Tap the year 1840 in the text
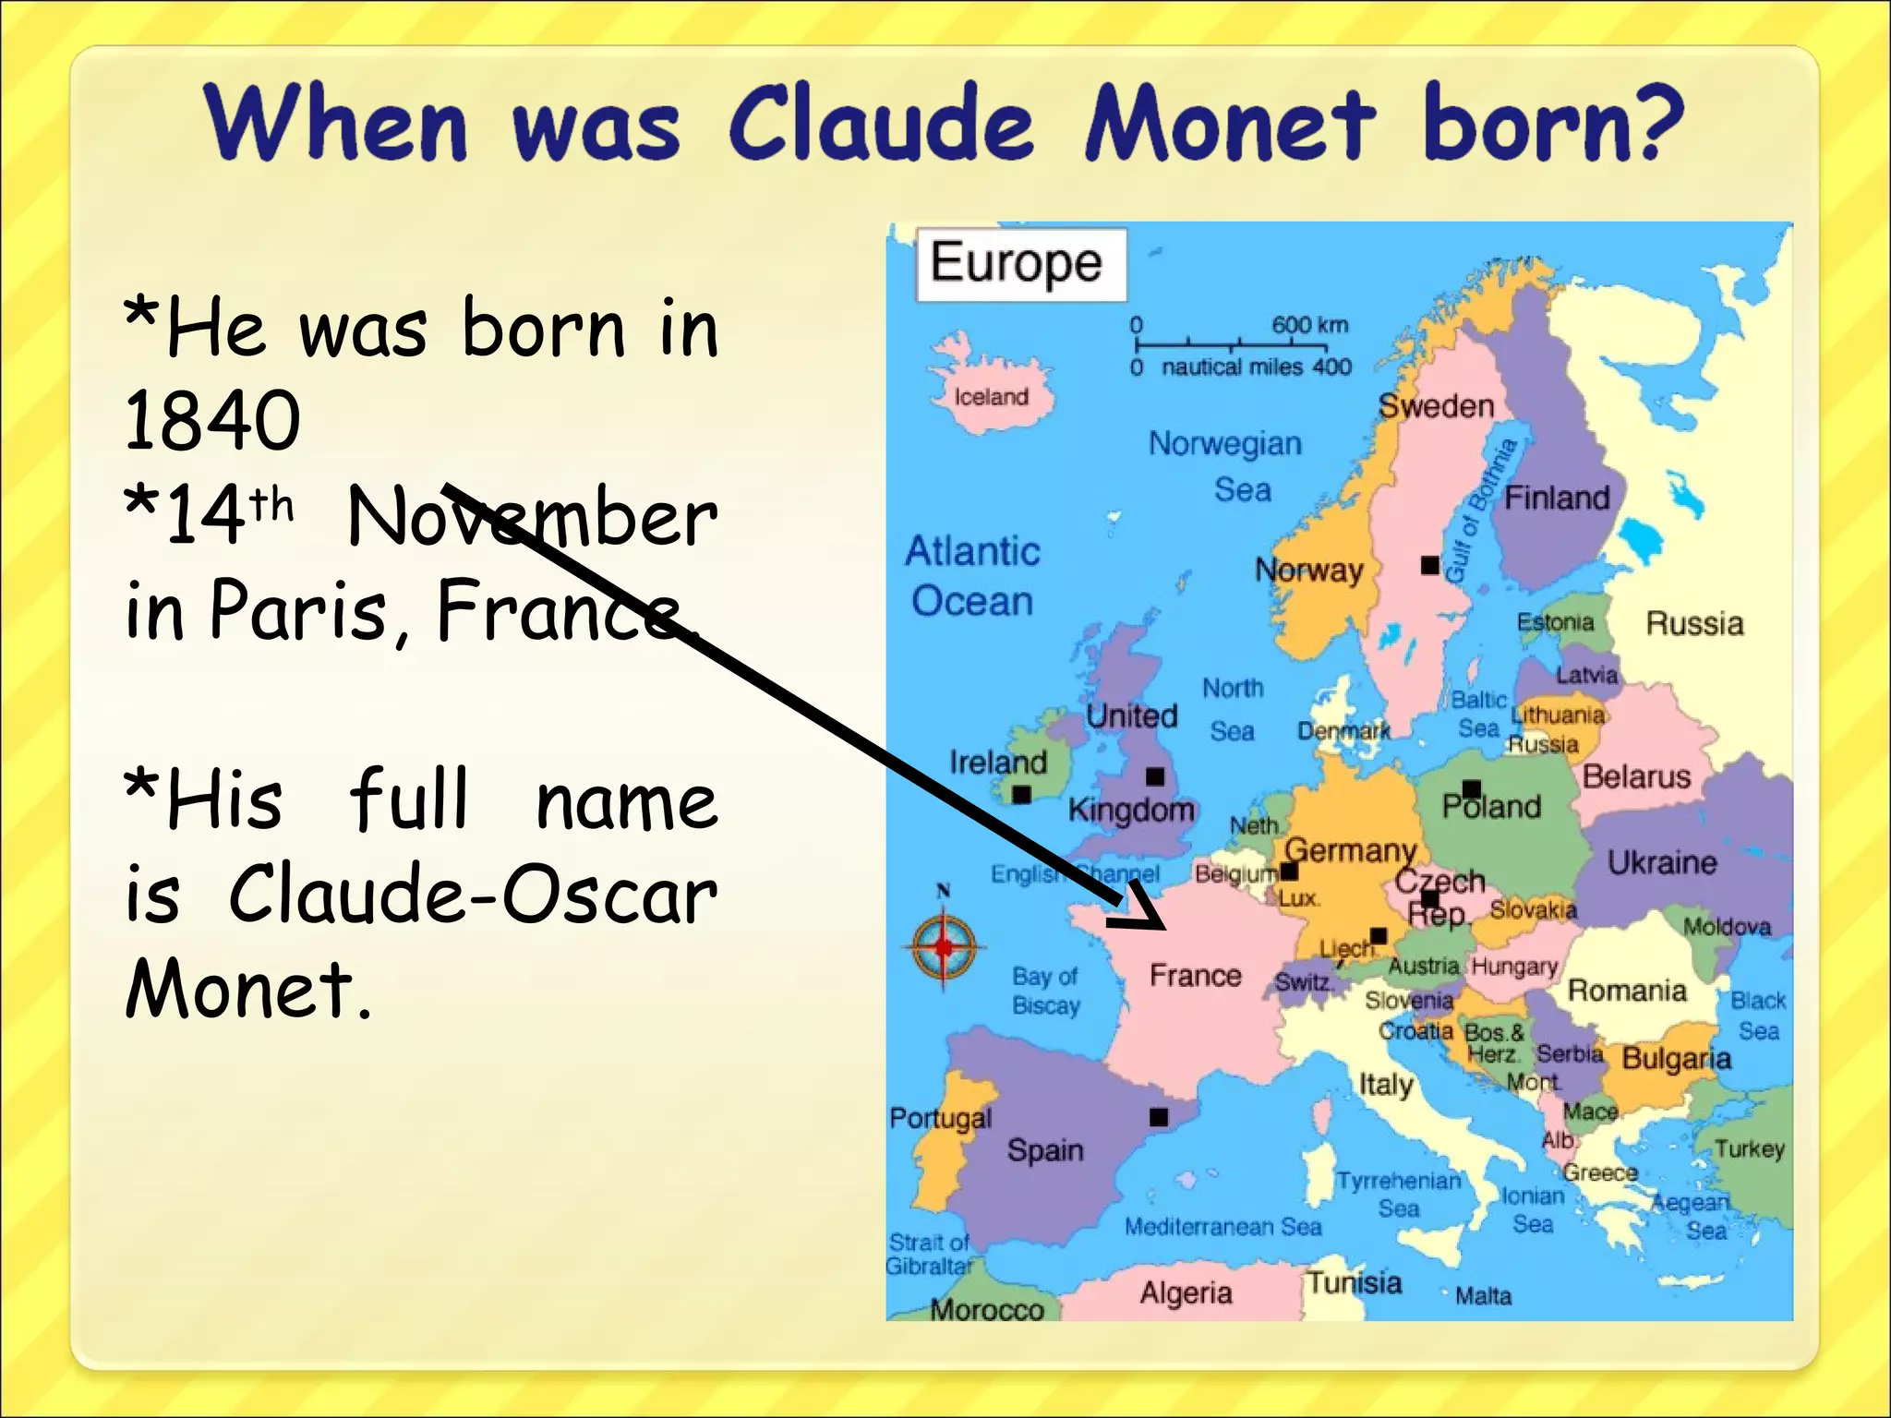(x=212, y=421)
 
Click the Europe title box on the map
(x=1019, y=264)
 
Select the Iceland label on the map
(x=991, y=397)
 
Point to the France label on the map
(x=1195, y=976)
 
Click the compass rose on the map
(x=943, y=946)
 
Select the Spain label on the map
(x=1044, y=1150)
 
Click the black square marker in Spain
(x=1158, y=1117)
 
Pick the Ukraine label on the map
(x=1661, y=863)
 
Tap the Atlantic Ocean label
(x=971, y=576)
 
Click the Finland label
(x=1557, y=499)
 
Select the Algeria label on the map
(x=1186, y=1292)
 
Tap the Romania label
(x=1627, y=991)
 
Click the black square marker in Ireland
(x=1021, y=795)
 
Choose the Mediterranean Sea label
(x=1223, y=1227)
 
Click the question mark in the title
(x=1654, y=122)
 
